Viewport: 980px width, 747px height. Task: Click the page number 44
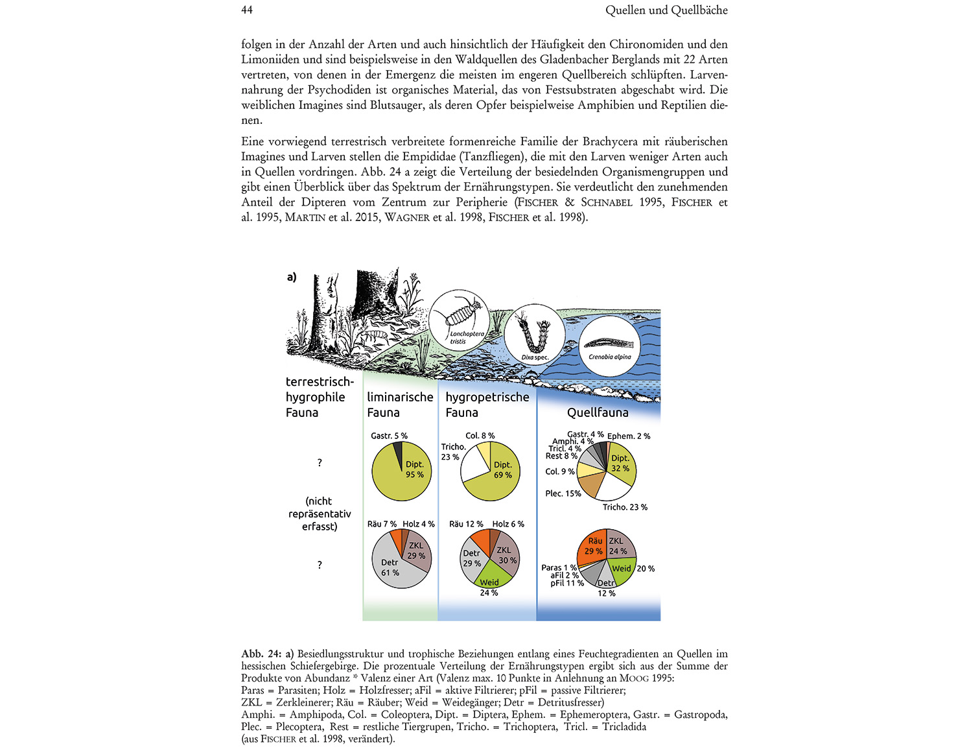point(247,10)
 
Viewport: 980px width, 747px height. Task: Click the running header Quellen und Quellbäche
point(666,10)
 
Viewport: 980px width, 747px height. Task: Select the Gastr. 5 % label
point(389,436)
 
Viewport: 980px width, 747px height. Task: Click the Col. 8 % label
point(480,436)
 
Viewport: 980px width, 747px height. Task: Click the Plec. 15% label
point(563,493)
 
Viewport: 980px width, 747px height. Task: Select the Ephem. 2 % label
point(629,436)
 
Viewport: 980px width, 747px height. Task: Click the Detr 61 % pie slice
point(392,567)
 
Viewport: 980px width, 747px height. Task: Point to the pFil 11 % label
point(567,583)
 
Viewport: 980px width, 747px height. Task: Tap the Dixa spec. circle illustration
point(535,334)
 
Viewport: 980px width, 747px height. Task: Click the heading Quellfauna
point(597,412)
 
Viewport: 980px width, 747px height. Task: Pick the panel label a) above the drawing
point(292,277)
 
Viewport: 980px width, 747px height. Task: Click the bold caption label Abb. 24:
point(261,654)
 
